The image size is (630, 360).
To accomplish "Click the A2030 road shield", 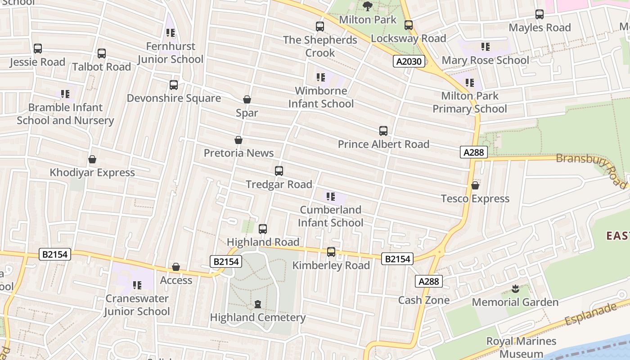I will [409, 61].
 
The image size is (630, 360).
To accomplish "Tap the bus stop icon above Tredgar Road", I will [279, 171].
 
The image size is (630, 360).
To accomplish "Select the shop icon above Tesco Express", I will [475, 185].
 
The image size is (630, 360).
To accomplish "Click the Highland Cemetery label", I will [258, 317].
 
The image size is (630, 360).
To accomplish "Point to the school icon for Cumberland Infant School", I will [331, 197].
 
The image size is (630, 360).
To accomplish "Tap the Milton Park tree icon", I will [368, 6].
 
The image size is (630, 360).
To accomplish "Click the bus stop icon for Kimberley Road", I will [331, 252].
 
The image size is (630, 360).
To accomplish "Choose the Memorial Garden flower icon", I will [515, 289].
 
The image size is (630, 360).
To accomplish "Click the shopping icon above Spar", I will [247, 99].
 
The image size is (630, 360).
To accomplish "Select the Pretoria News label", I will [238, 153].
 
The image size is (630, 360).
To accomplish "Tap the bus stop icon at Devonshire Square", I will [174, 85].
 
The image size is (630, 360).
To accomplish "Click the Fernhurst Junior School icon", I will [171, 33].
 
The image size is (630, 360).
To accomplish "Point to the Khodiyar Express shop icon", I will [92, 159].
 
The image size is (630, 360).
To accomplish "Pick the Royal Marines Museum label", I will [521, 347].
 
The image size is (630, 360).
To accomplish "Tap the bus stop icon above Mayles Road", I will [540, 14].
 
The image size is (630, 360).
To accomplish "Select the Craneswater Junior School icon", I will [137, 285].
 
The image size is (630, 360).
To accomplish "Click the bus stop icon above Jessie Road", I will [38, 49].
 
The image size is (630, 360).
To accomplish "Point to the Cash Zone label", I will [424, 300].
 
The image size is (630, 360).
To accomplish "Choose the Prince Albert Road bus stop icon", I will [383, 131].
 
